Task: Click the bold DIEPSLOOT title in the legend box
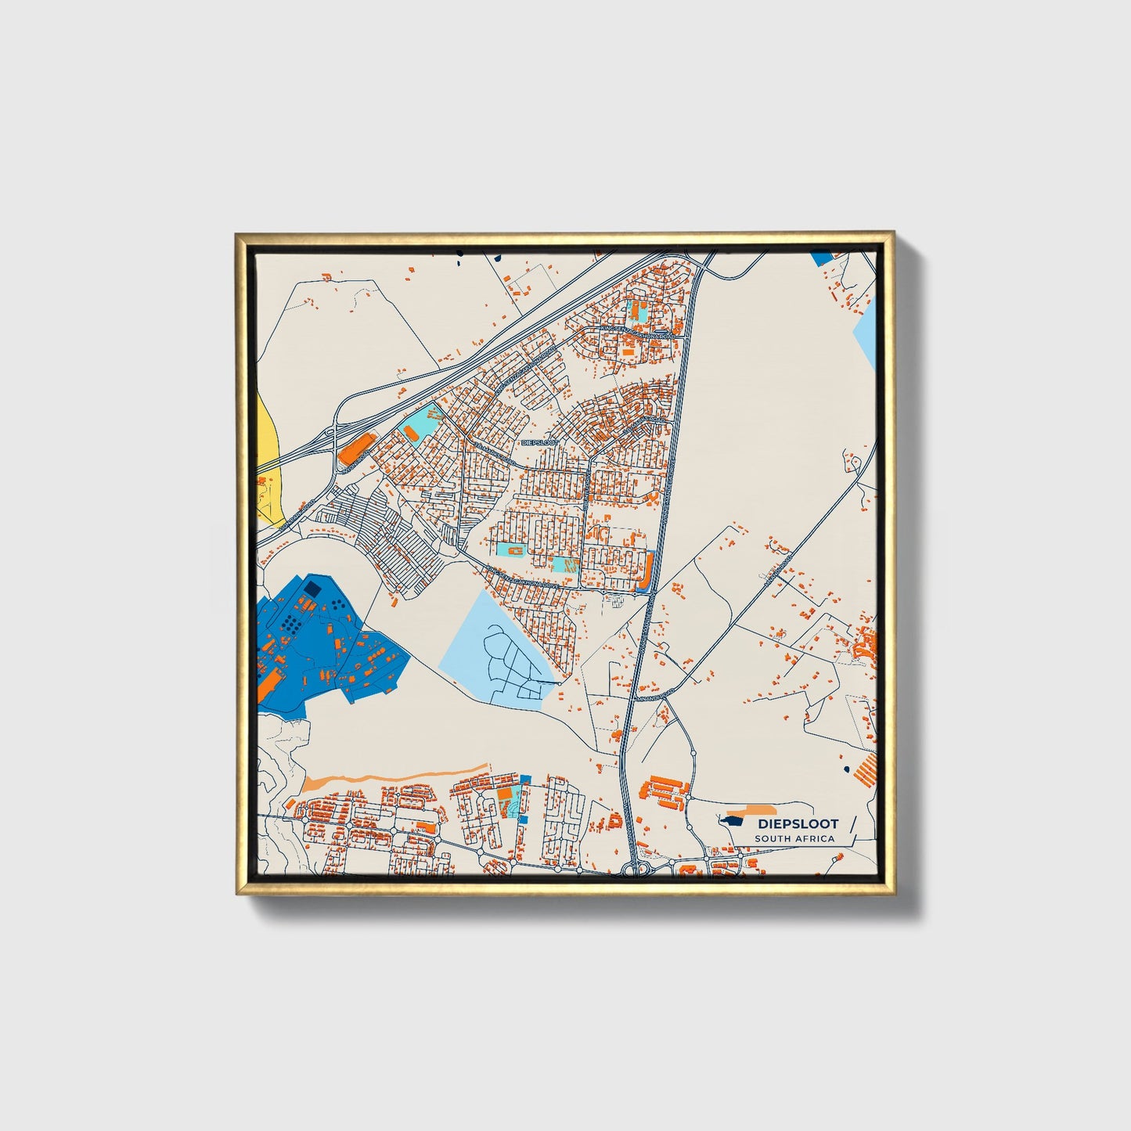(x=797, y=823)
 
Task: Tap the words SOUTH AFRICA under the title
(x=794, y=839)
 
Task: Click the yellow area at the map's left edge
(x=268, y=462)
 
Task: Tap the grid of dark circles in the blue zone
(x=291, y=623)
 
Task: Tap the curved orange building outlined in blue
(x=647, y=571)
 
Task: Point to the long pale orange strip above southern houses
(x=391, y=778)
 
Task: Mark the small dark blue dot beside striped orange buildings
(x=846, y=769)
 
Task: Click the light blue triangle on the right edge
(x=866, y=337)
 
